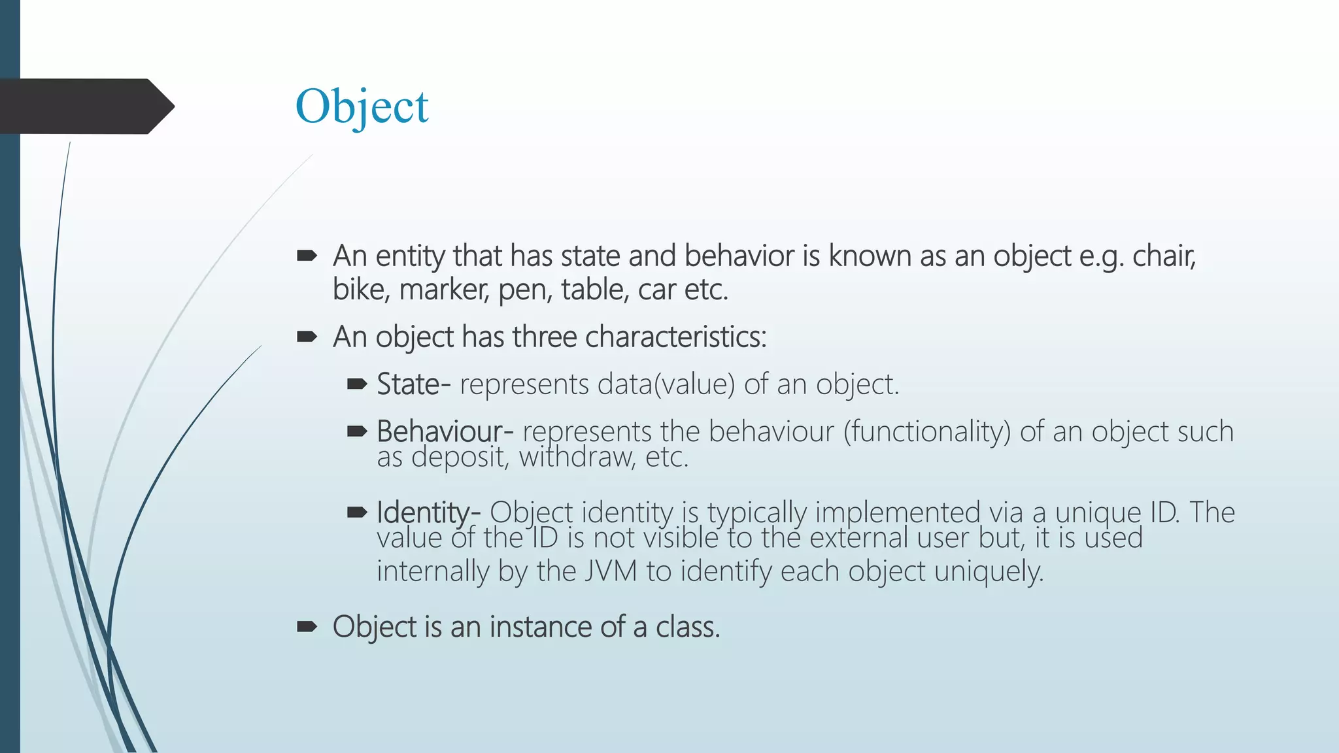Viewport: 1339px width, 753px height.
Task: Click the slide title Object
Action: click(x=362, y=107)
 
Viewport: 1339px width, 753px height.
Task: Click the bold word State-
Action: click(x=413, y=384)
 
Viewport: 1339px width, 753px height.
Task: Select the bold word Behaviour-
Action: click(x=445, y=431)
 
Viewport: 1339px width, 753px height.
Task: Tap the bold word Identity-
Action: click(x=428, y=512)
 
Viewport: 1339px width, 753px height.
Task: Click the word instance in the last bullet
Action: click(x=541, y=627)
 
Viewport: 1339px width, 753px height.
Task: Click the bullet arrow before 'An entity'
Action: click(x=307, y=256)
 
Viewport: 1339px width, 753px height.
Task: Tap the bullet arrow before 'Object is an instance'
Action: click(x=307, y=627)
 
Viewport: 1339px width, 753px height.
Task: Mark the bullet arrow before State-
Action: click(x=357, y=384)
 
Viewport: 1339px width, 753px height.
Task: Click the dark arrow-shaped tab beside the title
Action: click(x=85, y=107)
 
